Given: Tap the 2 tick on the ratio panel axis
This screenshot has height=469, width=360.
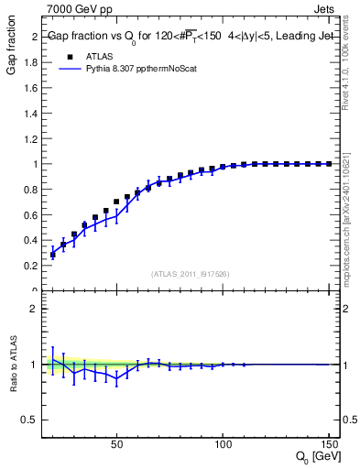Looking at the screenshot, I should (35, 309).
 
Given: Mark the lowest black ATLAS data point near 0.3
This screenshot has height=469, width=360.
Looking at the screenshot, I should (52, 255).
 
